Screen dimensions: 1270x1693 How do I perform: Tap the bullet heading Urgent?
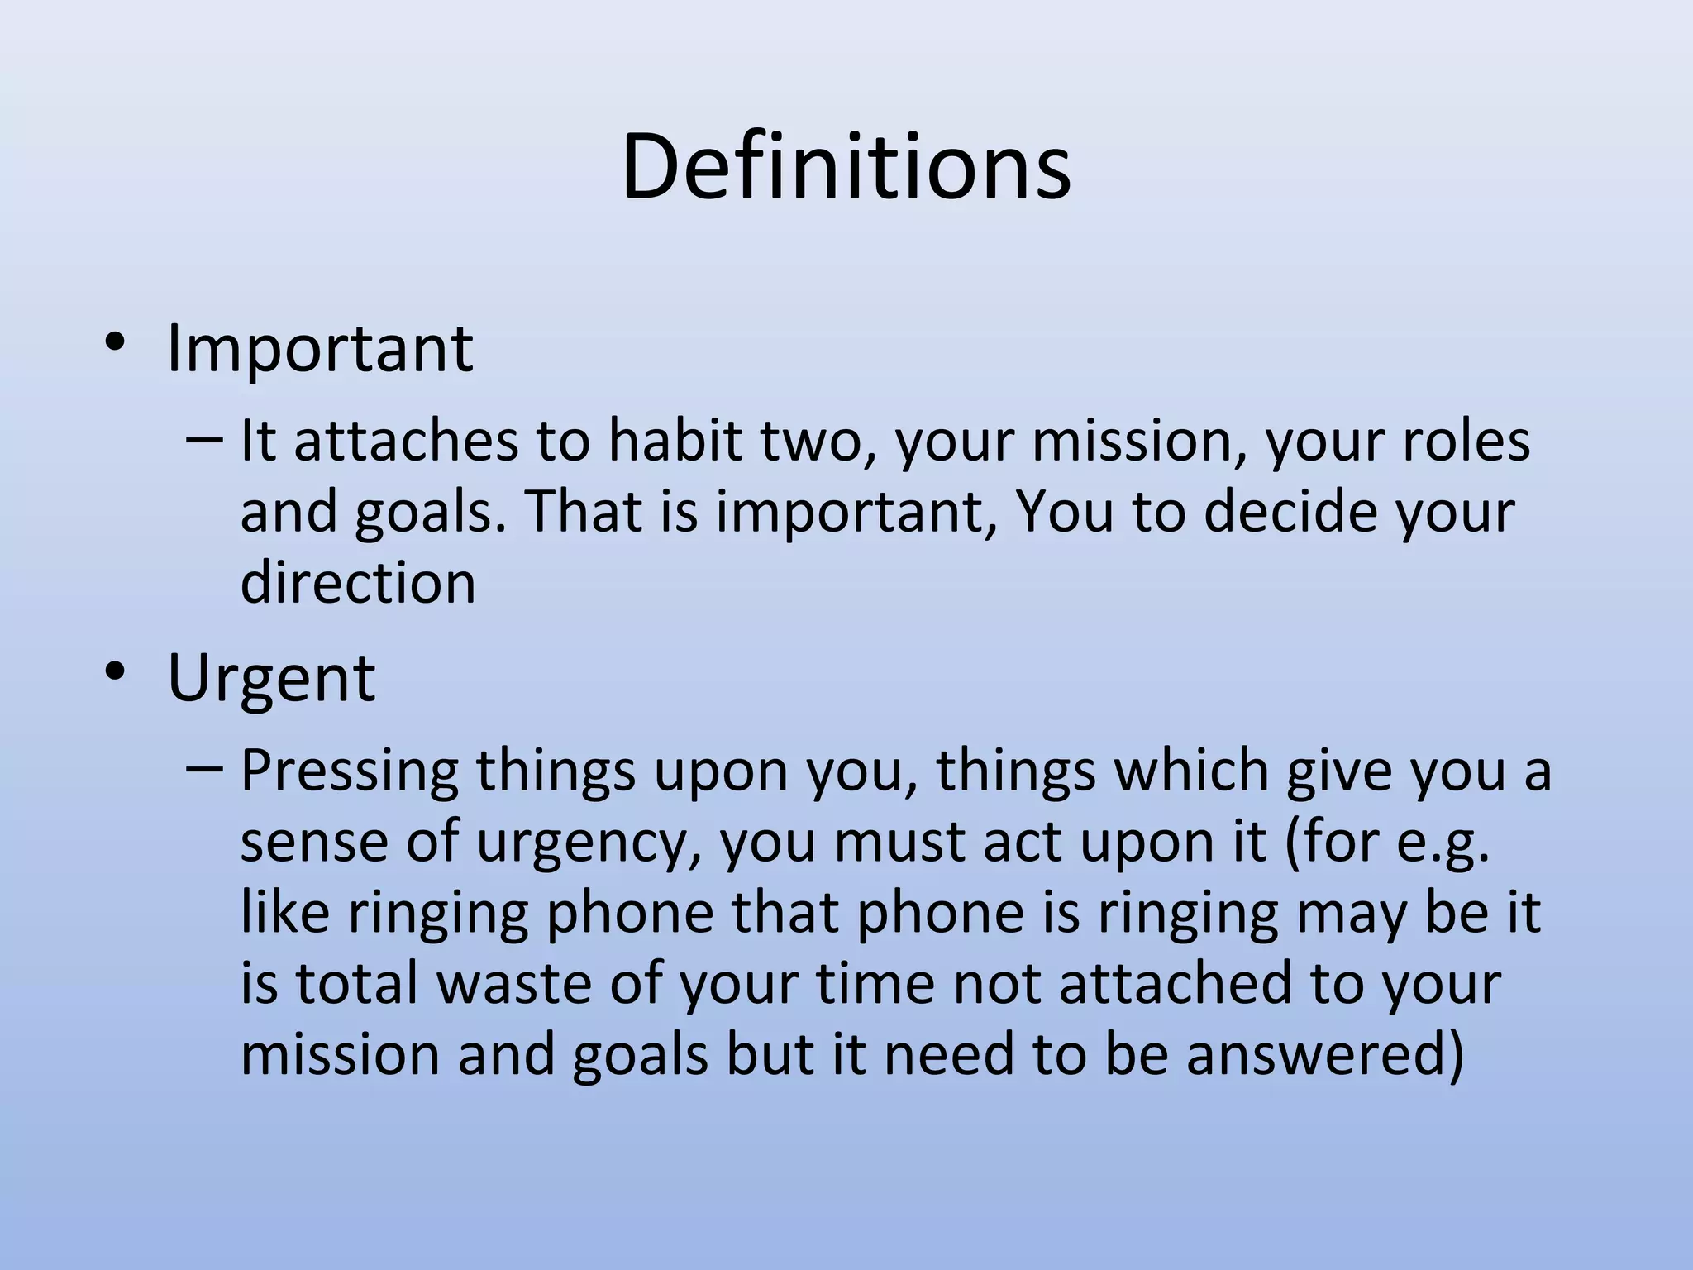(x=271, y=678)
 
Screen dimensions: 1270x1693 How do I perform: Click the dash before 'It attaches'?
(x=203, y=440)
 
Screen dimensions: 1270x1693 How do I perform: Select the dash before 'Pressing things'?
(x=203, y=769)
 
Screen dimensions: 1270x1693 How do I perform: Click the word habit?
(x=675, y=440)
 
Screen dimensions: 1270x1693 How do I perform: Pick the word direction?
(x=358, y=582)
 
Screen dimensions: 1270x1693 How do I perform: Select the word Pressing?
(x=349, y=771)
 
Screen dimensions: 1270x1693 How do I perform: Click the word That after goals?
(x=583, y=512)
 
